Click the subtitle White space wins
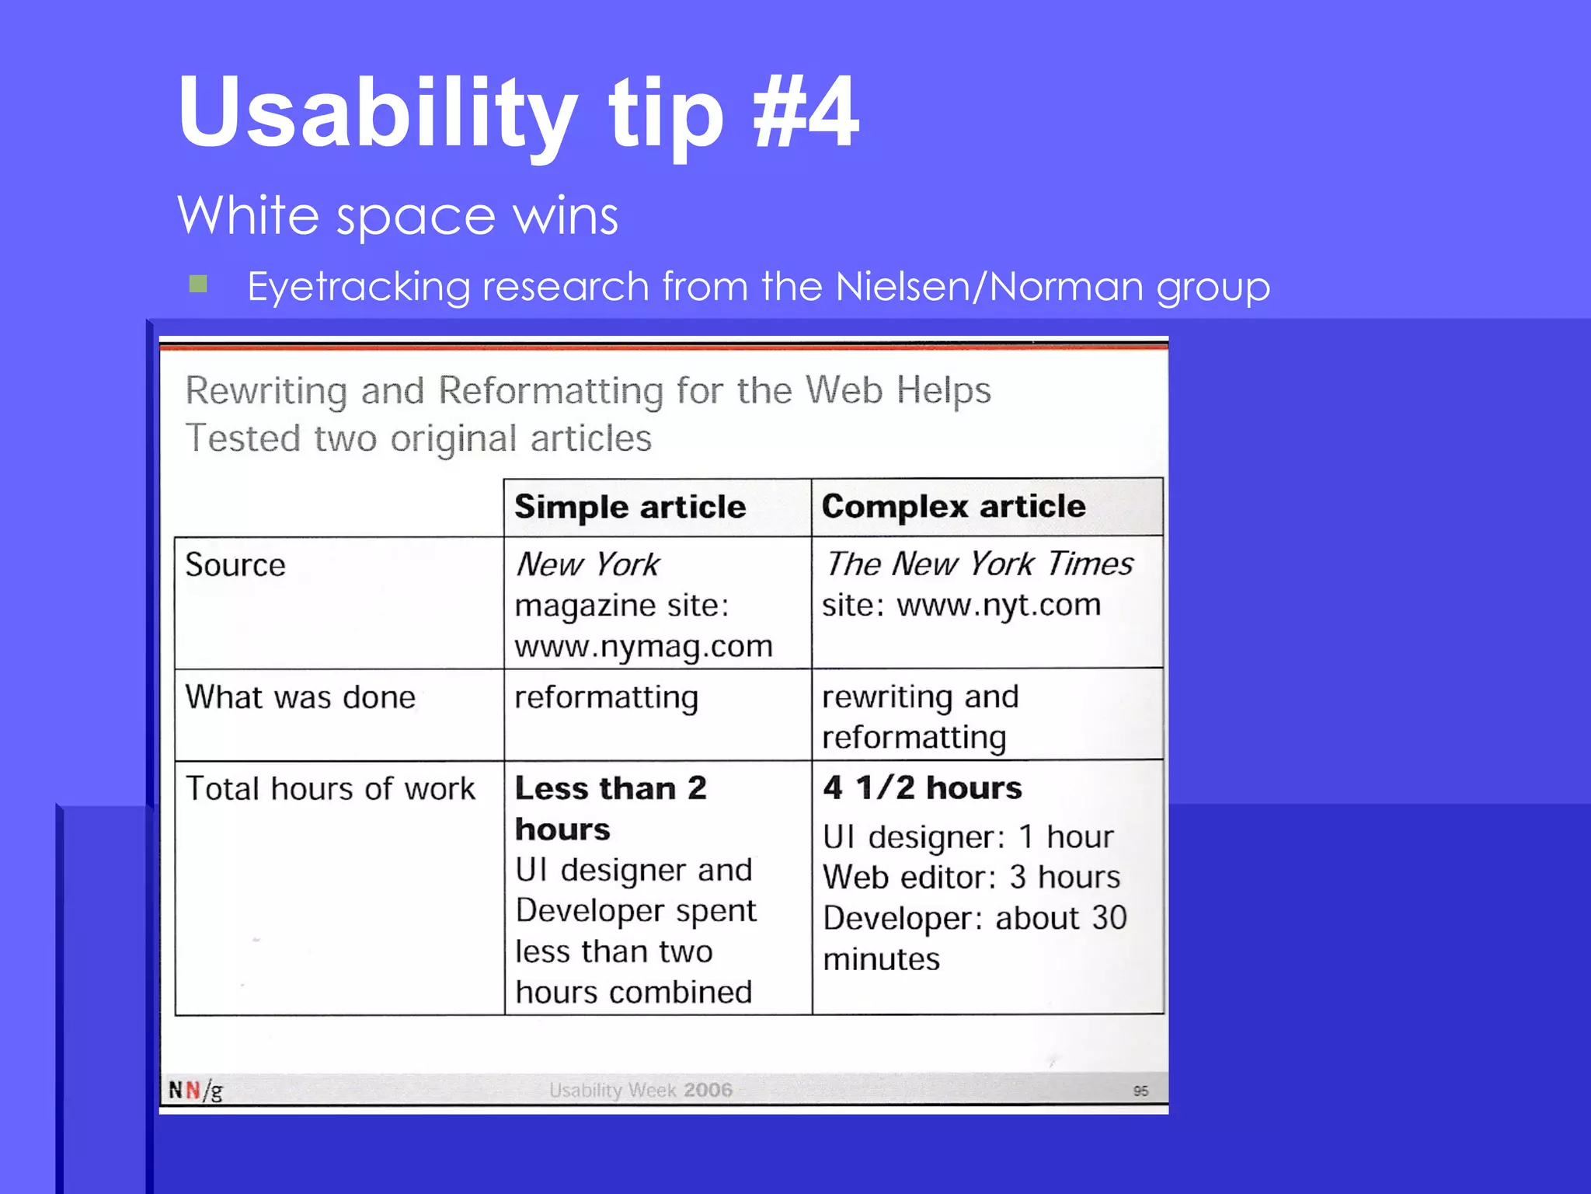pyautogui.click(x=398, y=216)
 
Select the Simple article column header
pyautogui.click(x=630, y=508)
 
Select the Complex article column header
pyautogui.click(x=953, y=507)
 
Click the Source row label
pyautogui.click(x=235, y=565)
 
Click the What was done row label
pyautogui.click(x=301, y=697)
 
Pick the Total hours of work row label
pyautogui.click(x=330, y=789)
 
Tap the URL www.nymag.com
pyautogui.click(x=643, y=647)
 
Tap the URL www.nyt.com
pyautogui.click(x=998, y=606)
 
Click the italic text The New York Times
pyautogui.click(x=979, y=564)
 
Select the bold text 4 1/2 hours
pyautogui.click(x=922, y=788)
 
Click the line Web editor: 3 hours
pyautogui.click(x=971, y=878)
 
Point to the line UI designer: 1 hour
pyautogui.click(x=968, y=837)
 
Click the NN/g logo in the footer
pyautogui.click(x=196, y=1090)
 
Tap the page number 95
pyautogui.click(x=1140, y=1091)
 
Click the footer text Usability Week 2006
pyautogui.click(x=640, y=1090)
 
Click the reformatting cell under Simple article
pyautogui.click(x=606, y=697)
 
